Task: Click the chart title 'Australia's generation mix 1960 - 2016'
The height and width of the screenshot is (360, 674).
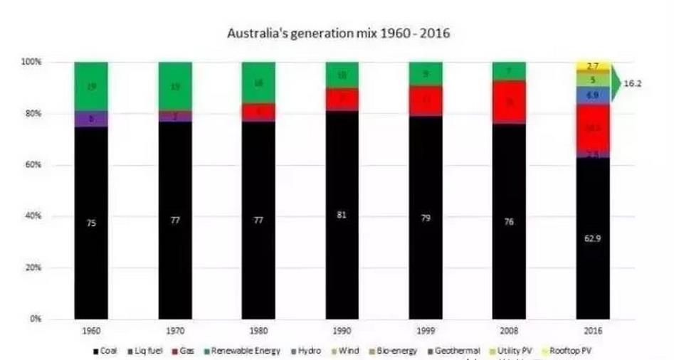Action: point(338,33)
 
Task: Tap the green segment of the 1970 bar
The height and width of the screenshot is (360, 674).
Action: point(175,85)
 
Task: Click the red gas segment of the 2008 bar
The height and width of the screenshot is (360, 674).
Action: point(509,102)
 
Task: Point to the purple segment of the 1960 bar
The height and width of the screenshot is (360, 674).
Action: point(90,119)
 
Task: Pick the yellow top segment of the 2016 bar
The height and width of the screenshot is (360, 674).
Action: point(592,65)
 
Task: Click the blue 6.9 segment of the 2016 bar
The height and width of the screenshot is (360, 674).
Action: point(592,95)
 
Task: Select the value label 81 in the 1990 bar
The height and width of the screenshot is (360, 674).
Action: point(342,214)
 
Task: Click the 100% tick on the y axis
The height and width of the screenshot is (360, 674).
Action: point(31,63)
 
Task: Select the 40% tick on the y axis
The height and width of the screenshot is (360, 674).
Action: point(33,216)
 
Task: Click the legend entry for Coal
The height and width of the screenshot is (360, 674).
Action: point(106,351)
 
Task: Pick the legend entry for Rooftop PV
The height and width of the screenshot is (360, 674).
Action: point(569,351)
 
